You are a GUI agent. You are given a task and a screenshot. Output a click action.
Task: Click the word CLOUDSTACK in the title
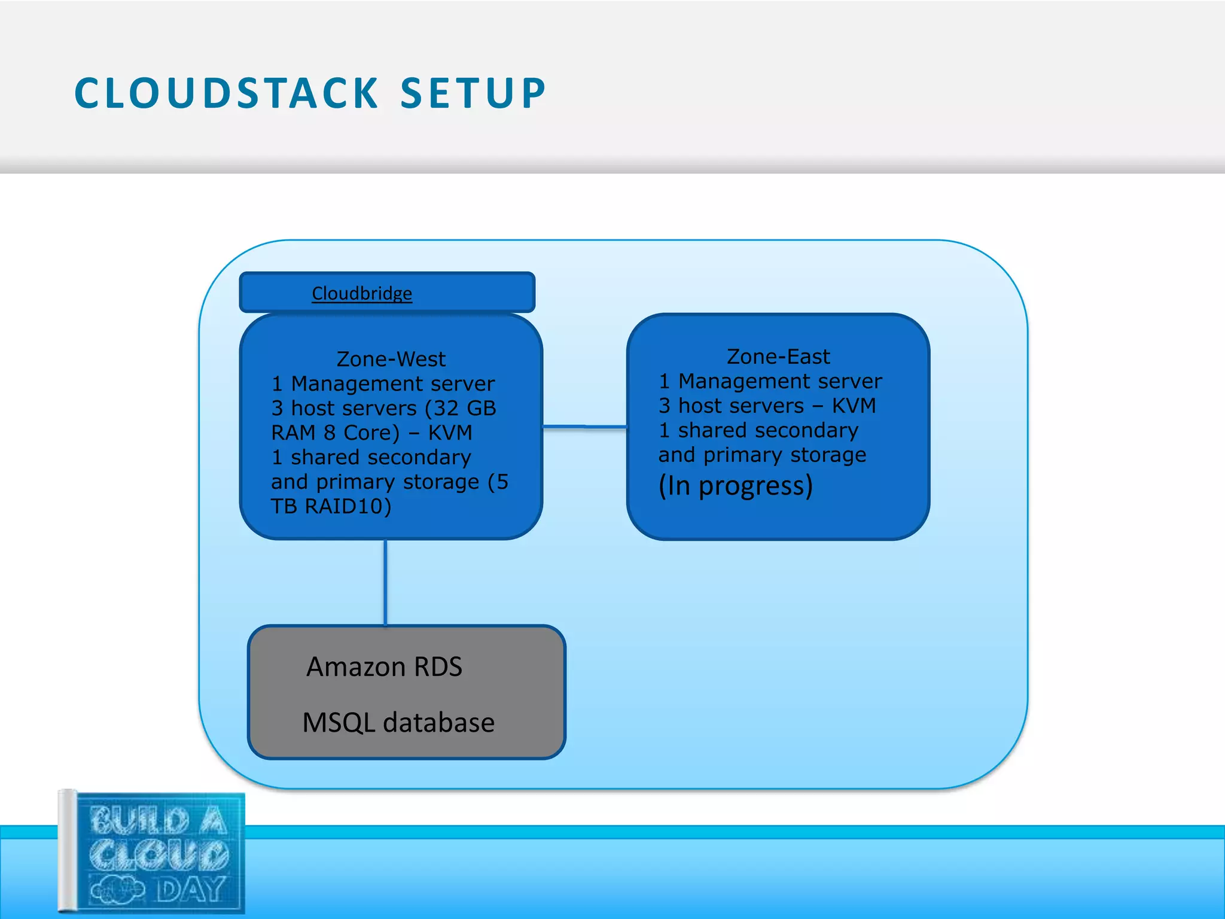tap(226, 94)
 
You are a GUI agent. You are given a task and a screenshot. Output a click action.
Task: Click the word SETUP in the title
tap(473, 94)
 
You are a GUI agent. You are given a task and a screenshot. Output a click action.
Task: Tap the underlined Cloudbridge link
tap(362, 293)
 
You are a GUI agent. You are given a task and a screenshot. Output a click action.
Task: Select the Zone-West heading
tap(391, 359)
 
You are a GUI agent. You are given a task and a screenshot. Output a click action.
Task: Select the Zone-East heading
tap(778, 357)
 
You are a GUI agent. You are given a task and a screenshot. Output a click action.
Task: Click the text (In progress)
tap(735, 486)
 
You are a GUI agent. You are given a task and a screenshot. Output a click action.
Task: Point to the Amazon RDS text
tap(384, 667)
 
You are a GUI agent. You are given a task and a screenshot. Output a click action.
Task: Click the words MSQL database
tap(398, 723)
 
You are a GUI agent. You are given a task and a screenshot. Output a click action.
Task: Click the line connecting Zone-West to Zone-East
tap(584, 427)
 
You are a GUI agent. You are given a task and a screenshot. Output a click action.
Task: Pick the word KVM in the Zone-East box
tap(854, 406)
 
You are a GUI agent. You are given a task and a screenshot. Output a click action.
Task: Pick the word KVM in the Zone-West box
tap(450, 433)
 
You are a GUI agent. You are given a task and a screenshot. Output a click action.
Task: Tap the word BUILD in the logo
tap(140, 820)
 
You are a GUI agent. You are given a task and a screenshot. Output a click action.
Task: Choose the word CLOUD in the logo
tap(159, 855)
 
